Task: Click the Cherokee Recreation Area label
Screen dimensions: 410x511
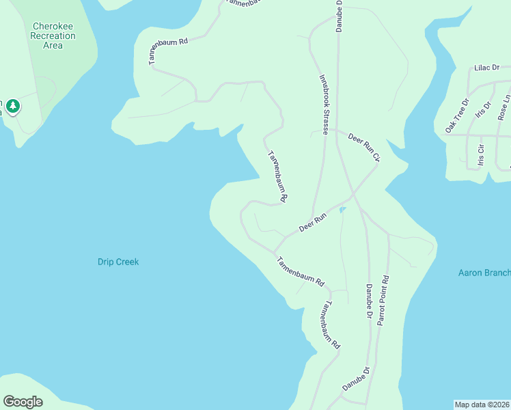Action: tap(53, 36)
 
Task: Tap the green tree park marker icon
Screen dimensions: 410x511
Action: tap(13, 107)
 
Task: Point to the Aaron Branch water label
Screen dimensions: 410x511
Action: tap(484, 273)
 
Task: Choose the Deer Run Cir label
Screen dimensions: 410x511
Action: tap(363, 147)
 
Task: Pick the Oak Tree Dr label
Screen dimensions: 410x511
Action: tap(457, 115)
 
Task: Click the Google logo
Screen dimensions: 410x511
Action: tap(23, 401)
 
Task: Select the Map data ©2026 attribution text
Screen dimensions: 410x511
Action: tap(482, 404)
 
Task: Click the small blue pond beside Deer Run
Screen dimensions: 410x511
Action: tap(342, 210)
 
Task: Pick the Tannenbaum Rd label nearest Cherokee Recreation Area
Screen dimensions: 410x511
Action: tap(168, 51)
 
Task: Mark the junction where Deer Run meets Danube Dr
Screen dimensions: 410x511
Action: tap(353, 195)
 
